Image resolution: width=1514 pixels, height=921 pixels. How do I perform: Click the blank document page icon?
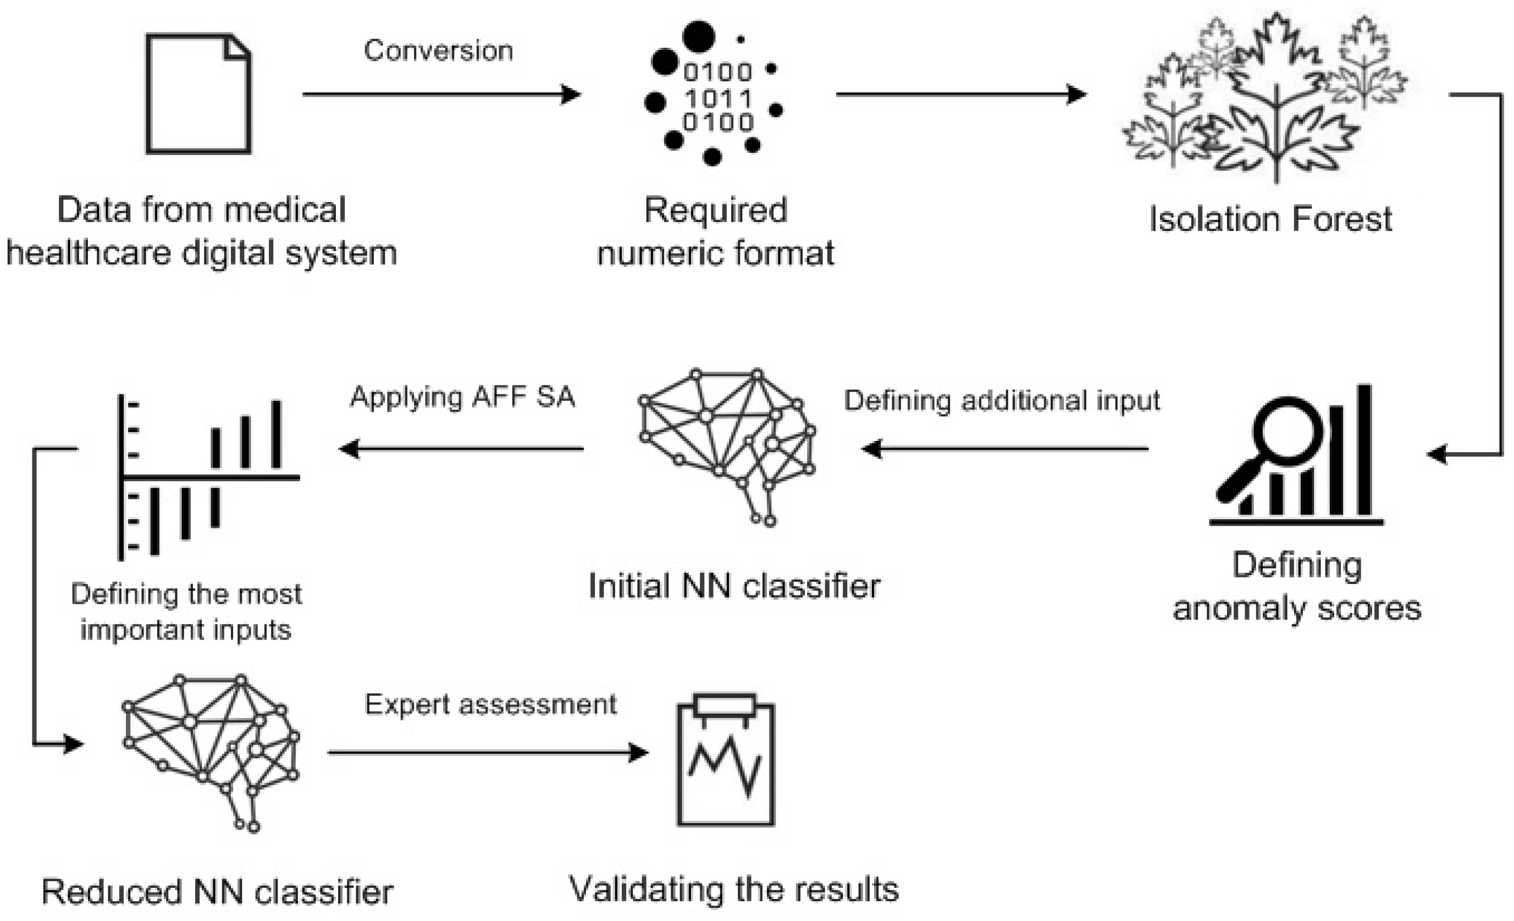pos(198,93)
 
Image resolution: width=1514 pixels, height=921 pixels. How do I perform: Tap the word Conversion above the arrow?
pos(438,51)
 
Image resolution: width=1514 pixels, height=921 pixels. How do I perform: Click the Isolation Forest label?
pos(1270,219)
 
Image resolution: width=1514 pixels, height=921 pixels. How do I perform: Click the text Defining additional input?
pos(1002,401)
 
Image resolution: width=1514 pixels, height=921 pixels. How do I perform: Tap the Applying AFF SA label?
pos(462,397)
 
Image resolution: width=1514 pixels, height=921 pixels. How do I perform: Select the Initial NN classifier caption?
pos(734,586)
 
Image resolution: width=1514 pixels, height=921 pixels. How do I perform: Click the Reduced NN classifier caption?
pos(217,892)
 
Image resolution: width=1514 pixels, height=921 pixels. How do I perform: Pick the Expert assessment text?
pos(490,704)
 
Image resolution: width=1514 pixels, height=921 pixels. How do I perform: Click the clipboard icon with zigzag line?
pos(726,762)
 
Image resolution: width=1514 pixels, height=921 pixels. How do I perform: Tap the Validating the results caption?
pos(734,889)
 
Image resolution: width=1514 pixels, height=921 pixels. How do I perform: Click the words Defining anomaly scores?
pos(1296,587)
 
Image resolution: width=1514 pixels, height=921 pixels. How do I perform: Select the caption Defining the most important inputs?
pos(186,612)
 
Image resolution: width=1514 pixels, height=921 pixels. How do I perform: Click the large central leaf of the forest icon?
pos(1277,98)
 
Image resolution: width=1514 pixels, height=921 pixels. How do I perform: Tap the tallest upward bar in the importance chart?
pos(277,434)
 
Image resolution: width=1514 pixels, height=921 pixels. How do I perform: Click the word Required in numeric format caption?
pos(715,210)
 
